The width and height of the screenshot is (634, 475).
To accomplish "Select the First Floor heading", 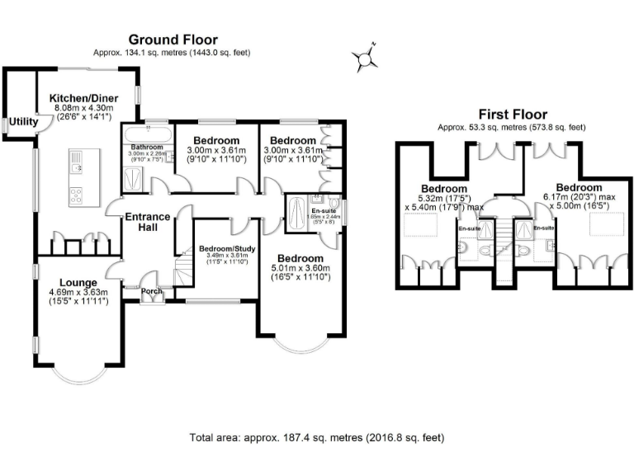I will coord(512,115).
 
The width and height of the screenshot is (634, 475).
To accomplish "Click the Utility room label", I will coord(23,122).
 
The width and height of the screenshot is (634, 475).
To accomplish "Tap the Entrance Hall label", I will coord(148,223).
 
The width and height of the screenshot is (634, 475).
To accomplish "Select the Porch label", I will coord(152,291).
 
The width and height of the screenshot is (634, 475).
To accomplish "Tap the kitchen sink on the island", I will coord(76,166).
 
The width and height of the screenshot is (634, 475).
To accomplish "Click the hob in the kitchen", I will coord(76,195).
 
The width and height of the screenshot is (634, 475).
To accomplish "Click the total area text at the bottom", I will coord(317,438).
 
